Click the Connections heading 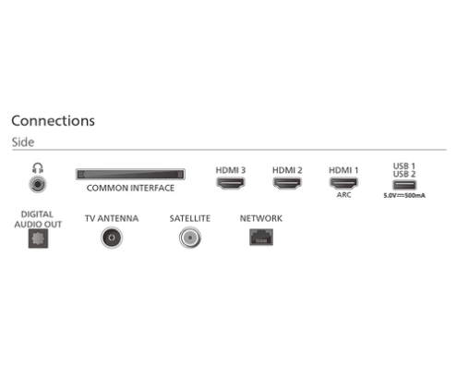pos(53,120)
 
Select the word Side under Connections pos(23,142)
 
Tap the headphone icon pos(38,168)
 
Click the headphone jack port pos(38,184)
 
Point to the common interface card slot pos(130,175)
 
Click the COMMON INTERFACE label pos(130,188)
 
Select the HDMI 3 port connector pos(231,183)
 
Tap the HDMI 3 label pos(231,170)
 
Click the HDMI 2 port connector pos(287,183)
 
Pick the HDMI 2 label pos(287,170)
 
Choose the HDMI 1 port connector pos(343,183)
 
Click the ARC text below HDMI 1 pos(343,195)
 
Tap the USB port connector pos(404,185)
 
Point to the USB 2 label pos(404,174)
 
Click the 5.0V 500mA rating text pos(404,195)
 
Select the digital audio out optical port pos(38,238)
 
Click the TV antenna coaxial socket pos(112,238)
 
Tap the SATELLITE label pos(190,218)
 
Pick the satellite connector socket pos(190,238)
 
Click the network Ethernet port pos(261,237)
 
